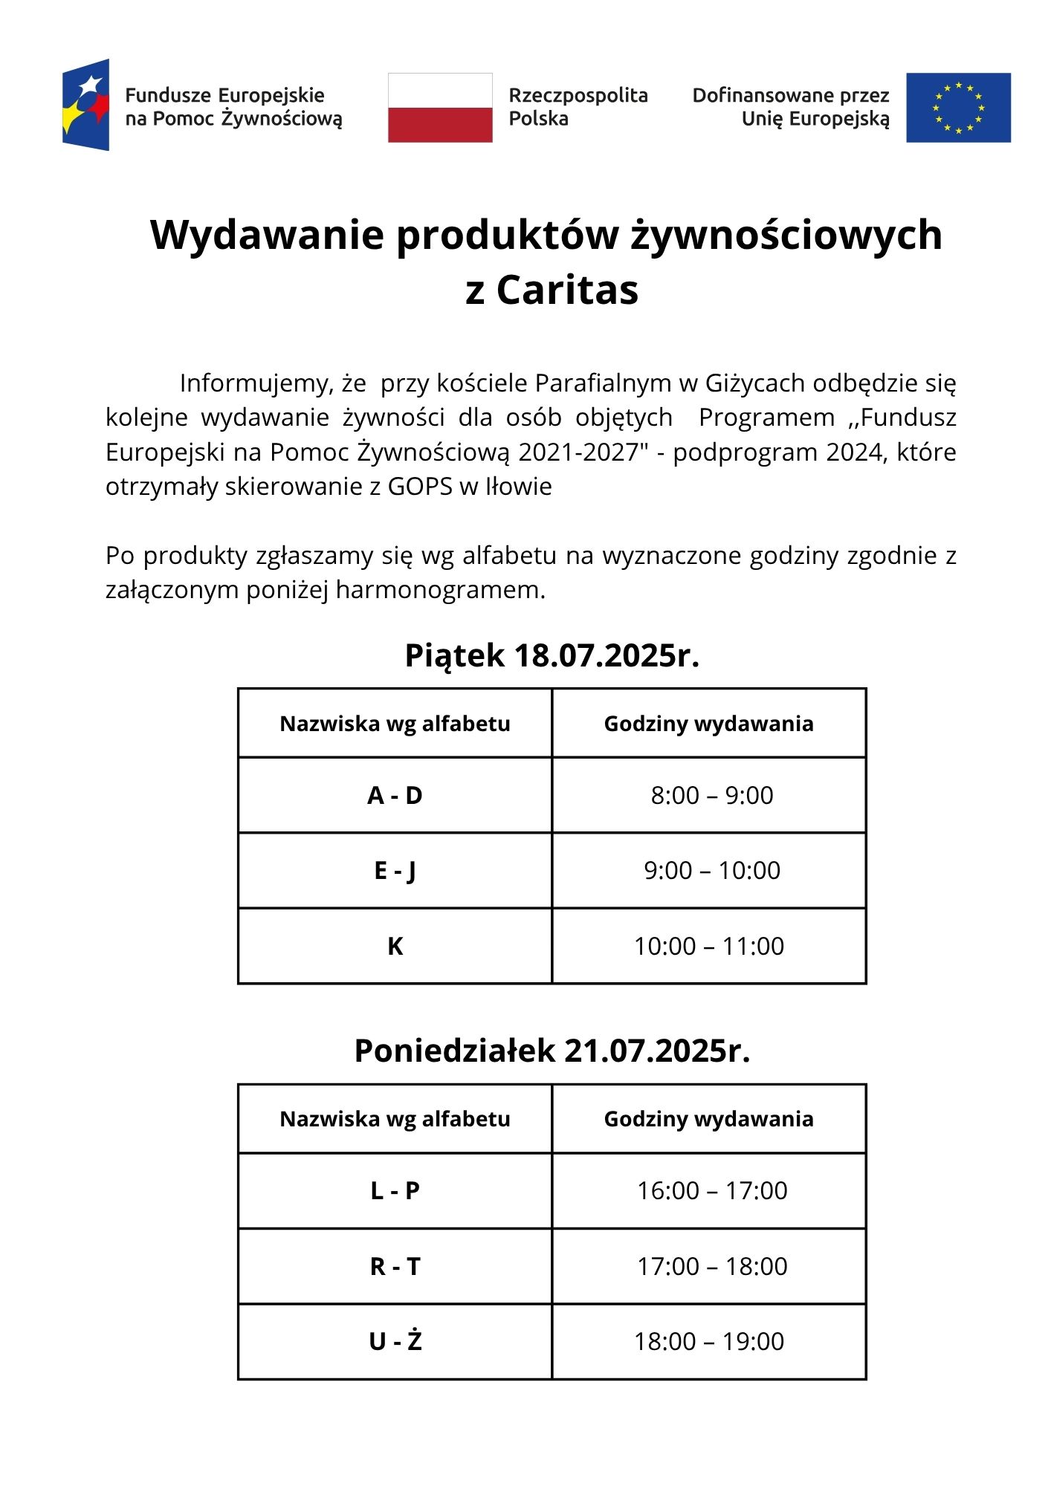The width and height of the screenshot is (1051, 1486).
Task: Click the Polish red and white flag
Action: coord(440,108)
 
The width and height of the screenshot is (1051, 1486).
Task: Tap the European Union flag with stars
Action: coord(958,108)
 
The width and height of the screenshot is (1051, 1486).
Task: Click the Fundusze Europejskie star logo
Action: coord(86,105)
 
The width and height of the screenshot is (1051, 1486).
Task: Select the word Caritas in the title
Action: coord(567,290)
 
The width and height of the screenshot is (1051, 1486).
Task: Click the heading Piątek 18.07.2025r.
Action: coord(552,655)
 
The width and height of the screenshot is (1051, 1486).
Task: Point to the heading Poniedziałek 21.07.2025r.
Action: coord(552,1051)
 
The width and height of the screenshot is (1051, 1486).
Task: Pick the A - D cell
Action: coord(395,796)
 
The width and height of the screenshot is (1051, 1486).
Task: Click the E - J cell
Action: coord(395,871)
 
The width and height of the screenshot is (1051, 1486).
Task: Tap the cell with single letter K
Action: coord(395,947)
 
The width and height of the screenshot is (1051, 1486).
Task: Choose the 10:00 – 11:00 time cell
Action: coord(709,947)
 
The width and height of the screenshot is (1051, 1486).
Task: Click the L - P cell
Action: coord(395,1191)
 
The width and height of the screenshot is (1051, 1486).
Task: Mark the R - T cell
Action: coord(395,1266)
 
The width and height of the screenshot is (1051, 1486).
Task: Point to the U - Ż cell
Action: coord(395,1342)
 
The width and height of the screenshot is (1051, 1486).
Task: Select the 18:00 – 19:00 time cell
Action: coord(709,1342)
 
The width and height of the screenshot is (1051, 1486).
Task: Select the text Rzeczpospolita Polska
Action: coord(578,107)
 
